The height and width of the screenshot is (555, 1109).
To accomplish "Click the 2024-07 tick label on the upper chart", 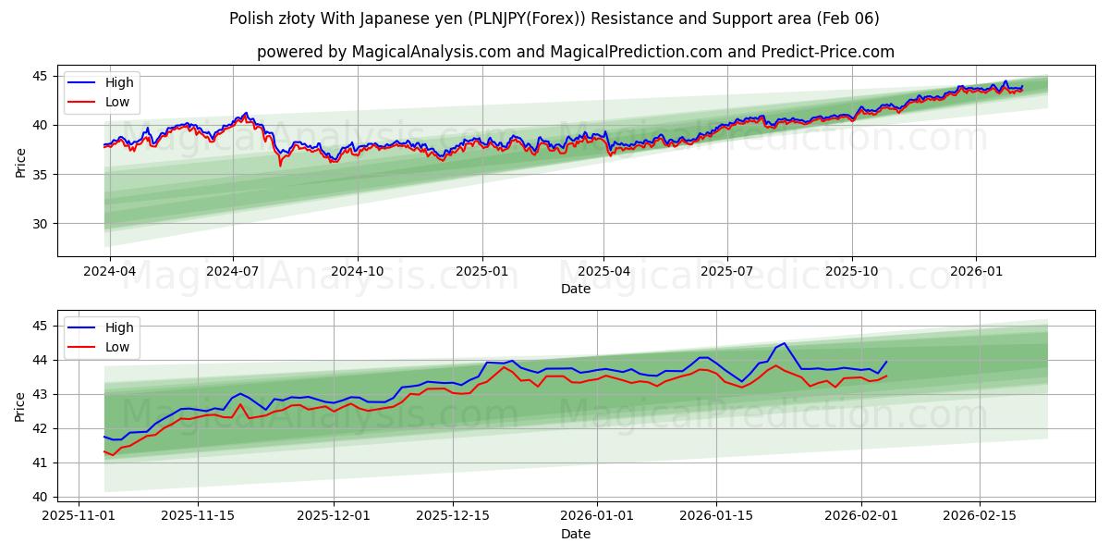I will (x=232, y=272).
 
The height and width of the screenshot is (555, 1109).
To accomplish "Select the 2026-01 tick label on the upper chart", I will (x=976, y=272).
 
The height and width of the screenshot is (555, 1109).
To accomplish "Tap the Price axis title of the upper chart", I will (x=20, y=162).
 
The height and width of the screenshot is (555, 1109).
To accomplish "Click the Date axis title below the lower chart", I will (x=575, y=534).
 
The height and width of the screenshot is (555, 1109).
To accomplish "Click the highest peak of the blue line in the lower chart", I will (x=785, y=343).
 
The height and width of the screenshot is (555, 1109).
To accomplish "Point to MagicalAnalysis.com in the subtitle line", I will (x=432, y=52).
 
